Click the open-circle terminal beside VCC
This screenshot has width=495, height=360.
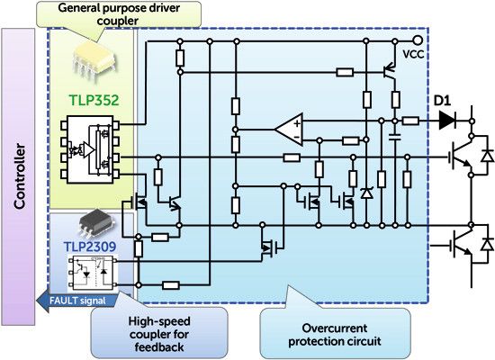tap(418, 41)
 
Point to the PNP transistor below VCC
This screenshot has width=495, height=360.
tap(388, 70)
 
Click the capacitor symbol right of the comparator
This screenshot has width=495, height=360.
tap(395, 137)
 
